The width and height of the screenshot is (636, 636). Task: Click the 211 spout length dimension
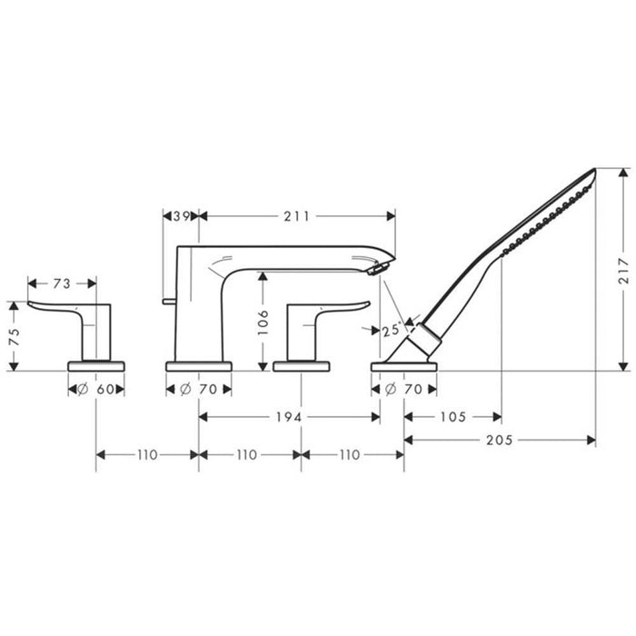tap(296, 216)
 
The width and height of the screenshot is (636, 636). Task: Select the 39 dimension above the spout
tap(180, 216)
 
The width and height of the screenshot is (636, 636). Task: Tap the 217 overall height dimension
tap(623, 270)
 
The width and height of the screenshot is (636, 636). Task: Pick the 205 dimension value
tap(500, 440)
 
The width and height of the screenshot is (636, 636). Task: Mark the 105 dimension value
tap(452, 417)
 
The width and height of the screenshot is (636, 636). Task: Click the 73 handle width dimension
tap(62, 284)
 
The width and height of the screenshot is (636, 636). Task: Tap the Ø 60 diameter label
tap(96, 389)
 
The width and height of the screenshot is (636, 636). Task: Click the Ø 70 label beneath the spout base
tap(198, 389)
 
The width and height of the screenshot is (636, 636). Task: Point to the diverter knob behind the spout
tap(169, 299)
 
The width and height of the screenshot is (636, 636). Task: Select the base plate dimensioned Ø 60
tap(96, 365)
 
